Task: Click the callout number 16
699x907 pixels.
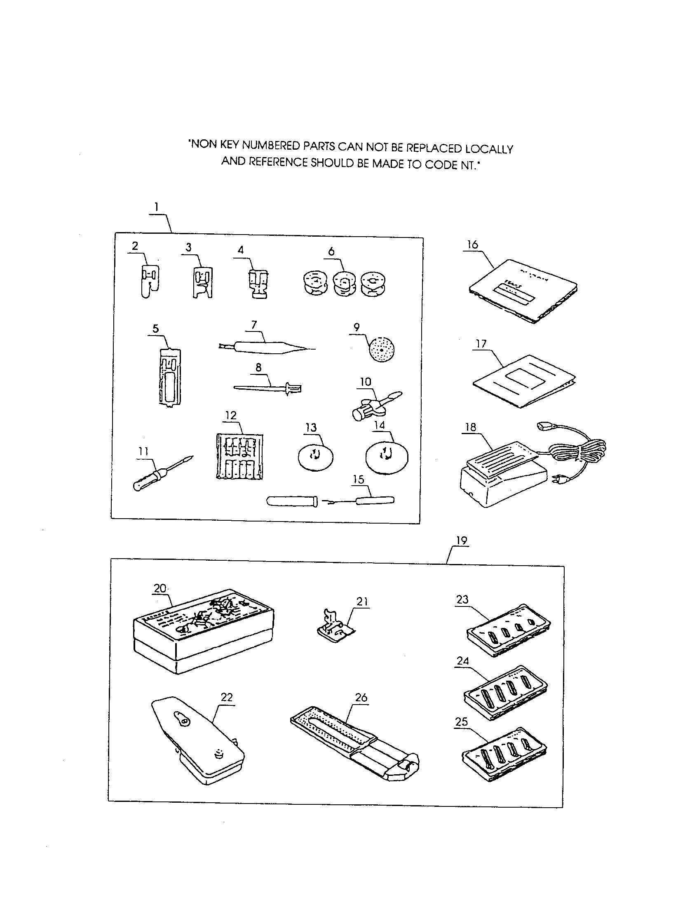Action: (x=472, y=244)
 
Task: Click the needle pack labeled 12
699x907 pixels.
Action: (x=239, y=456)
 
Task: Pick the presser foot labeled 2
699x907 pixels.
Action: (x=149, y=281)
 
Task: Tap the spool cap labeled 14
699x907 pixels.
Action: (x=387, y=457)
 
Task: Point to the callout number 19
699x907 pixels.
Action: (x=462, y=541)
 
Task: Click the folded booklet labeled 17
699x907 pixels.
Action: (x=524, y=381)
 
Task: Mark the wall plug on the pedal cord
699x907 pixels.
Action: (x=556, y=481)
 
